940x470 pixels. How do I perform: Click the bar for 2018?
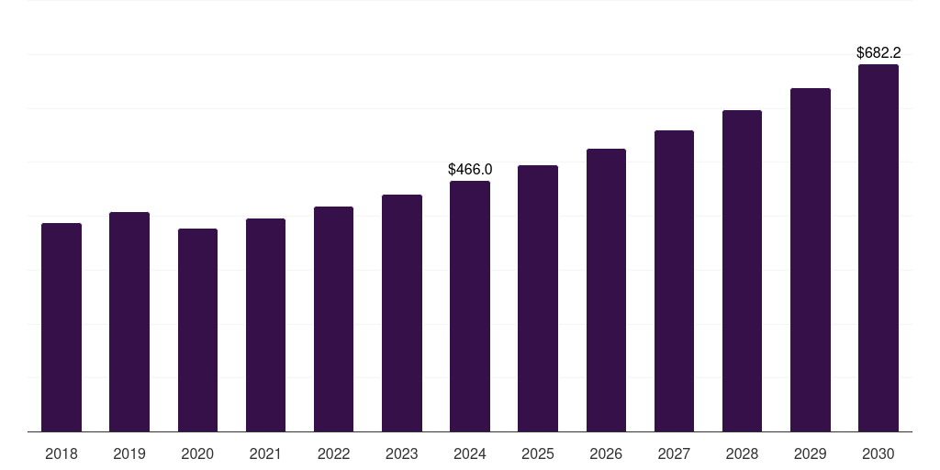(62, 328)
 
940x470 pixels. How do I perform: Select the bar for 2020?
(197, 330)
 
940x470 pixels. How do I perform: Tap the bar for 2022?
(333, 319)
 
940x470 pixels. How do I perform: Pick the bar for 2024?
(470, 307)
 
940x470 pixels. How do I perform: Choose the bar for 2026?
(606, 290)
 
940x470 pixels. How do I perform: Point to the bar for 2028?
(742, 271)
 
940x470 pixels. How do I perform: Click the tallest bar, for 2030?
(878, 248)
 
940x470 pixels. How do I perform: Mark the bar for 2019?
(129, 322)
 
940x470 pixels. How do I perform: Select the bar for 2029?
(810, 260)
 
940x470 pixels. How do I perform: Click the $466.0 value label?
(470, 170)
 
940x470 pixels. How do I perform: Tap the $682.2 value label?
(878, 53)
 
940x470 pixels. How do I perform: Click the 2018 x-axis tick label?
(62, 454)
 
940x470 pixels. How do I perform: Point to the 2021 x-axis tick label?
(265, 454)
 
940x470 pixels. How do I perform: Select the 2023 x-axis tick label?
(401, 454)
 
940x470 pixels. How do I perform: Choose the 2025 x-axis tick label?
(538, 454)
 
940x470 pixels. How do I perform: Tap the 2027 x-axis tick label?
(674, 454)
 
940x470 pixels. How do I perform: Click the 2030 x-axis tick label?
(878, 454)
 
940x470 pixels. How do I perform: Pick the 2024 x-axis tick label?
(470, 454)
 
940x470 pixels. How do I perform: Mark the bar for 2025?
(538, 298)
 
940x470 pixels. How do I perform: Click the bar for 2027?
(674, 281)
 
